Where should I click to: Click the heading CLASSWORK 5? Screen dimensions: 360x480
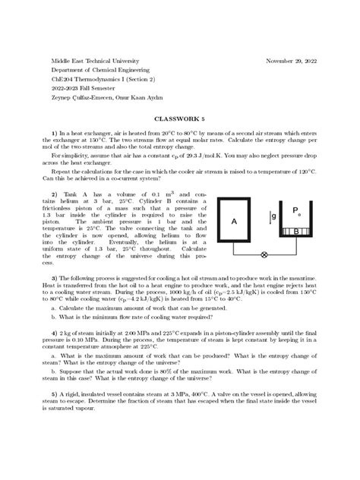point(179,118)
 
